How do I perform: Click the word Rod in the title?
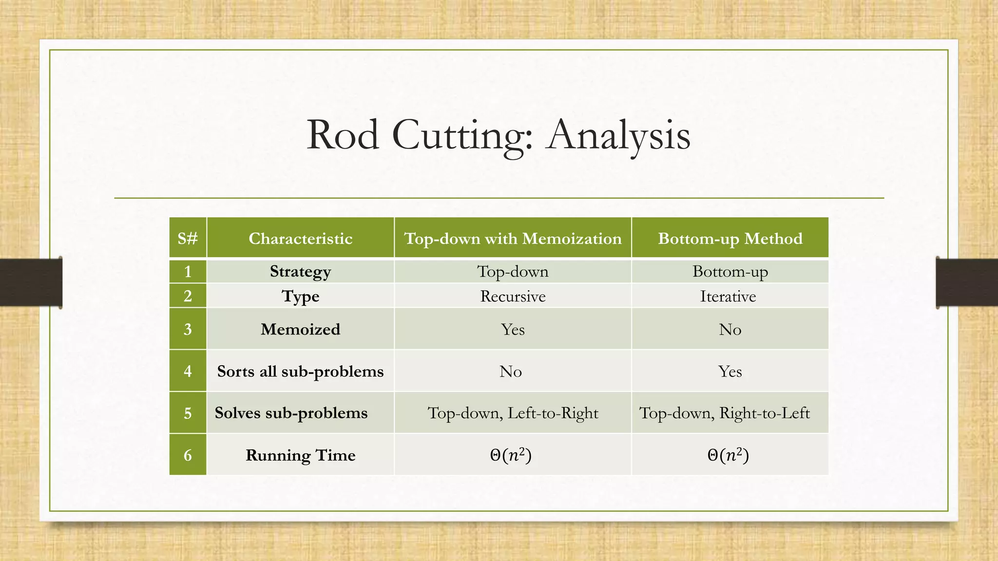pyautogui.click(x=343, y=135)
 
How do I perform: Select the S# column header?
pyautogui.click(x=188, y=238)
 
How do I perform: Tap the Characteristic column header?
pyautogui.click(x=300, y=238)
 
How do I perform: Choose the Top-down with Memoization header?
pyautogui.click(x=513, y=238)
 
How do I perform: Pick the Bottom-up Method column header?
pyautogui.click(x=730, y=238)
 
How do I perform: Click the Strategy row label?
pyautogui.click(x=300, y=271)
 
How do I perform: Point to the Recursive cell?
pyautogui.click(x=513, y=296)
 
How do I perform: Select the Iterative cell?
pyautogui.click(x=728, y=296)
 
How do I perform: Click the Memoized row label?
pyautogui.click(x=300, y=329)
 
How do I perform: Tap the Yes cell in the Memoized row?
pyautogui.click(x=513, y=329)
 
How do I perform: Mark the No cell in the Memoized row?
pyautogui.click(x=730, y=329)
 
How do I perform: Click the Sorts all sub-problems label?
pyautogui.click(x=300, y=371)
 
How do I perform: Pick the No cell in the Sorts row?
pyautogui.click(x=511, y=372)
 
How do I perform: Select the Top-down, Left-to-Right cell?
pyautogui.click(x=513, y=413)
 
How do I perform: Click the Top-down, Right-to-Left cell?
pyautogui.click(x=724, y=413)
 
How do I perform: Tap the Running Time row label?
pyautogui.click(x=300, y=455)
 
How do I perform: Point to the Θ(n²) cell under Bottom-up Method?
pyautogui.click(x=728, y=455)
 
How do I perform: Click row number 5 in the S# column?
pyautogui.click(x=188, y=413)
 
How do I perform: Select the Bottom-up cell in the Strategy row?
pyautogui.click(x=730, y=271)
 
